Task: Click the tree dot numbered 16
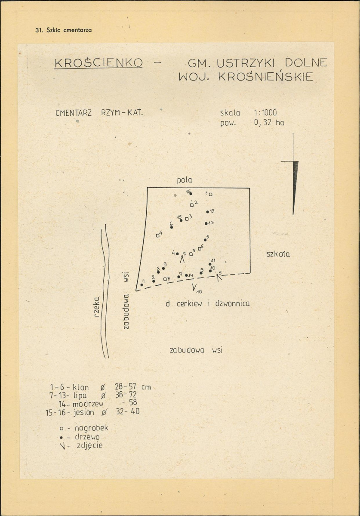pos(191,194)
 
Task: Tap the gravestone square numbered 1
pos(210,194)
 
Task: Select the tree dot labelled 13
pos(207,212)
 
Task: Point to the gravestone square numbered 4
pos(157,235)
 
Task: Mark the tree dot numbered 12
pos(206,223)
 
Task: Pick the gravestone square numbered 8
pos(165,279)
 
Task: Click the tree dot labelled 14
pos(186,275)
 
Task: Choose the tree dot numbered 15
pos(181,220)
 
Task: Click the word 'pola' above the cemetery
pos(185,180)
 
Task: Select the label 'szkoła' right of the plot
pos(278,254)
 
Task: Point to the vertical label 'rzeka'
pos(96,307)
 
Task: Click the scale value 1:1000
pos(265,113)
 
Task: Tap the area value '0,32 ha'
pos(269,123)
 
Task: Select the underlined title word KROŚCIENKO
pos(98,62)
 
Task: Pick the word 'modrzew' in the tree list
pos(88,404)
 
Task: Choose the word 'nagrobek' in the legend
pos(91,428)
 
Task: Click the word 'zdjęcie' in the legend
pos(90,446)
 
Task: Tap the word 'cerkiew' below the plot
pos(189,303)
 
